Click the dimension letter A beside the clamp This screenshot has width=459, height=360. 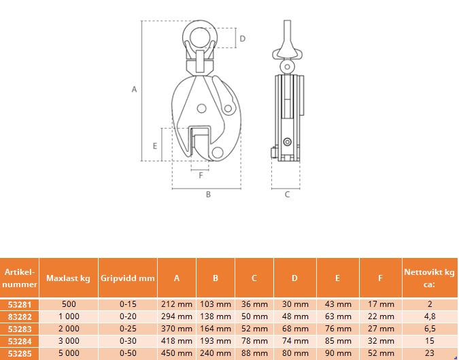(134, 89)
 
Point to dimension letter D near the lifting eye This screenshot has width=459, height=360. (242, 39)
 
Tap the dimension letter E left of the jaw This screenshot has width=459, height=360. (155, 146)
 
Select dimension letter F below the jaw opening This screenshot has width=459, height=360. (201, 175)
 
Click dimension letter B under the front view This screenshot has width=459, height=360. (208, 194)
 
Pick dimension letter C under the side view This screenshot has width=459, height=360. (287, 194)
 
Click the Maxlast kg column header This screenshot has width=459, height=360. (68, 278)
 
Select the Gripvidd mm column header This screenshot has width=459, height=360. (128, 278)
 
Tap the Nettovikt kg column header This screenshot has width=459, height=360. (430, 278)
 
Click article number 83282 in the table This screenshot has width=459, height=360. (20, 316)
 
